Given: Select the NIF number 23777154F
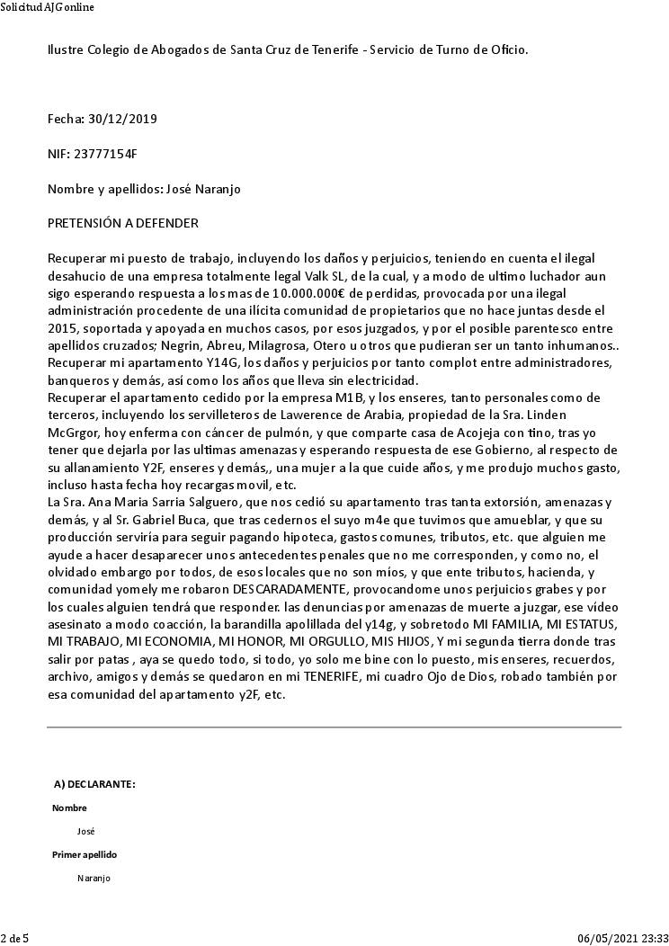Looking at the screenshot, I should point(105,154).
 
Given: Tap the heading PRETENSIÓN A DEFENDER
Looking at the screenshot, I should point(123,223).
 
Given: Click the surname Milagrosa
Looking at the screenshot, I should point(249,345).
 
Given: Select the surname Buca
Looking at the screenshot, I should point(236,520).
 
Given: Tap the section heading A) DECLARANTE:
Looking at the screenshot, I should point(94,784).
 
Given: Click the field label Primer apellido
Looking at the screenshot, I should point(85,854).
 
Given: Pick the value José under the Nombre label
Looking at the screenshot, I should point(86,831).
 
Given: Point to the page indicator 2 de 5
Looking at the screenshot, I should point(14,939).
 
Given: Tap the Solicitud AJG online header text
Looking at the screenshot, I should point(47,7).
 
